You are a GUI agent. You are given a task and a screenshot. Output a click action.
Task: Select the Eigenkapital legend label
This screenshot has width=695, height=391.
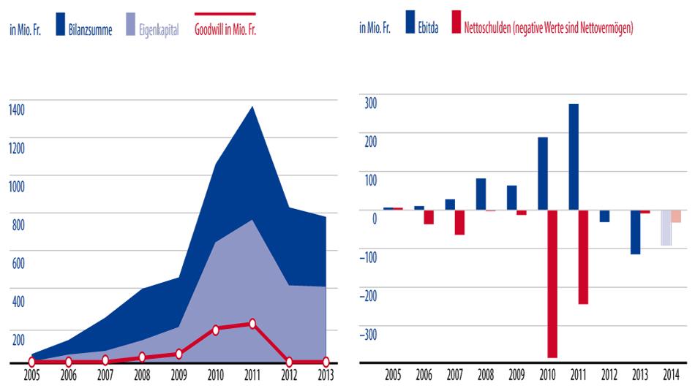[159, 30]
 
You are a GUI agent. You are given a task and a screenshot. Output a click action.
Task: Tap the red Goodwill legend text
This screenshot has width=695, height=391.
[225, 30]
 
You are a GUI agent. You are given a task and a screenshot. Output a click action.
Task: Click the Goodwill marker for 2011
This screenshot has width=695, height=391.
[252, 323]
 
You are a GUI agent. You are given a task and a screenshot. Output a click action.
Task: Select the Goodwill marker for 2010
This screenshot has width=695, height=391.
[215, 330]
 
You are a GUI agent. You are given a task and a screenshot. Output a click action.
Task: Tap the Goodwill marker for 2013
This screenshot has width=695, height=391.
[326, 362]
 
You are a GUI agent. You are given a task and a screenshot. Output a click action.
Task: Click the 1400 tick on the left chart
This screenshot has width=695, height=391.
[17, 110]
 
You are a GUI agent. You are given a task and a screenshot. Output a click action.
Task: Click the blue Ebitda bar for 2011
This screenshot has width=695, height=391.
[574, 156]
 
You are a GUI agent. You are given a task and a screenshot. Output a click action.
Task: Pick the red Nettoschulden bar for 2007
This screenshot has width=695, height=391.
[459, 222]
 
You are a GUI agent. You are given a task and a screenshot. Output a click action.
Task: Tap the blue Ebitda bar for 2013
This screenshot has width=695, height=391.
[635, 232]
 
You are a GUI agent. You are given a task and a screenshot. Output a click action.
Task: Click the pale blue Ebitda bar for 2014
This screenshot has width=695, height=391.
[666, 227]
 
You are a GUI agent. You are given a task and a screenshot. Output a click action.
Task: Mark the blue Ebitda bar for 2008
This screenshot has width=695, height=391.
[481, 194]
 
